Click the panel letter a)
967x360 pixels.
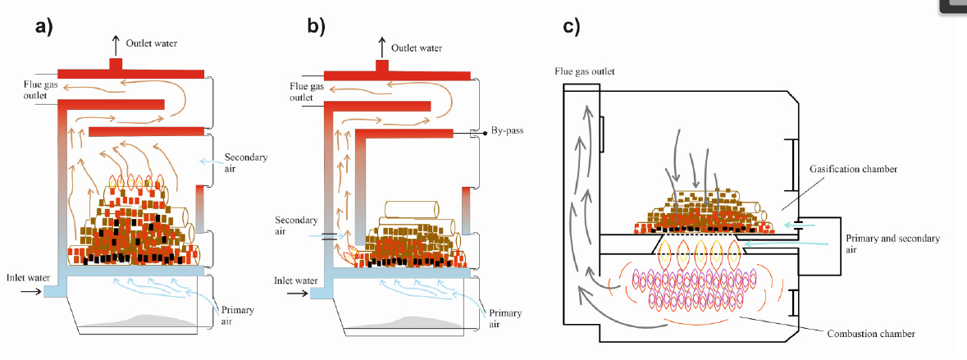[x=43, y=26]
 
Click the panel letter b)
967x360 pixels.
[x=316, y=26]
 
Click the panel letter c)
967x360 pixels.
[x=571, y=26]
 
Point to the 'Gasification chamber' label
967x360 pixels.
[x=849, y=168]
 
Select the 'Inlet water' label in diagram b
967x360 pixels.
[x=295, y=281]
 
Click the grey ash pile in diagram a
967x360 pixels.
[x=148, y=319]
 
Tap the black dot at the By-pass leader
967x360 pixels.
[x=475, y=132]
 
